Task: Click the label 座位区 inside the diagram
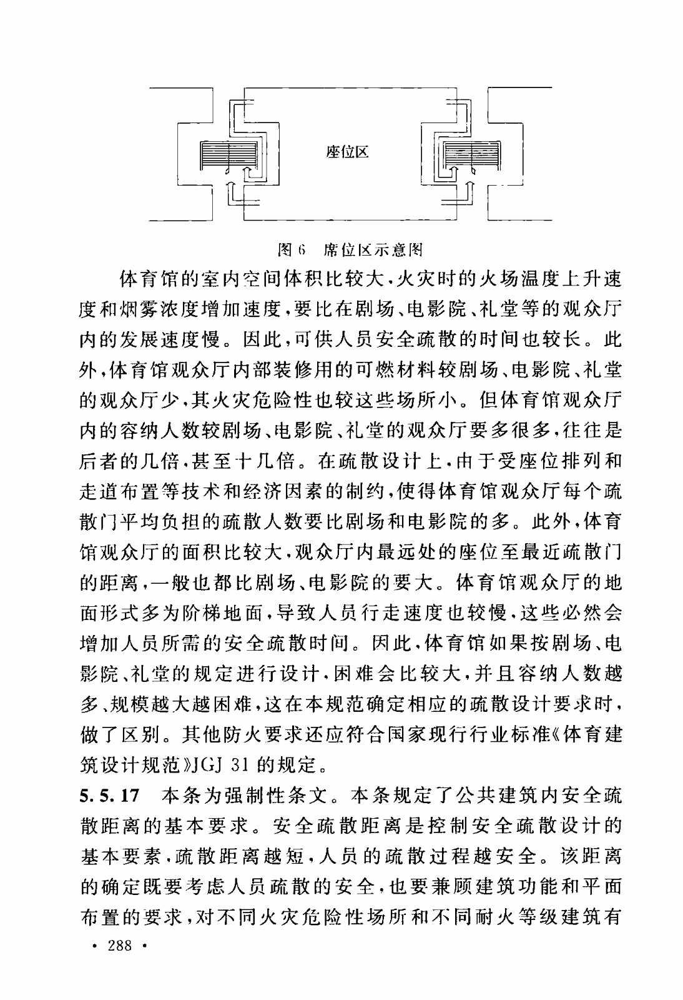(348, 152)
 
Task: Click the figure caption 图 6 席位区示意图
(350, 251)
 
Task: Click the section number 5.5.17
(109, 796)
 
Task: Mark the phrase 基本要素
(125, 856)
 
